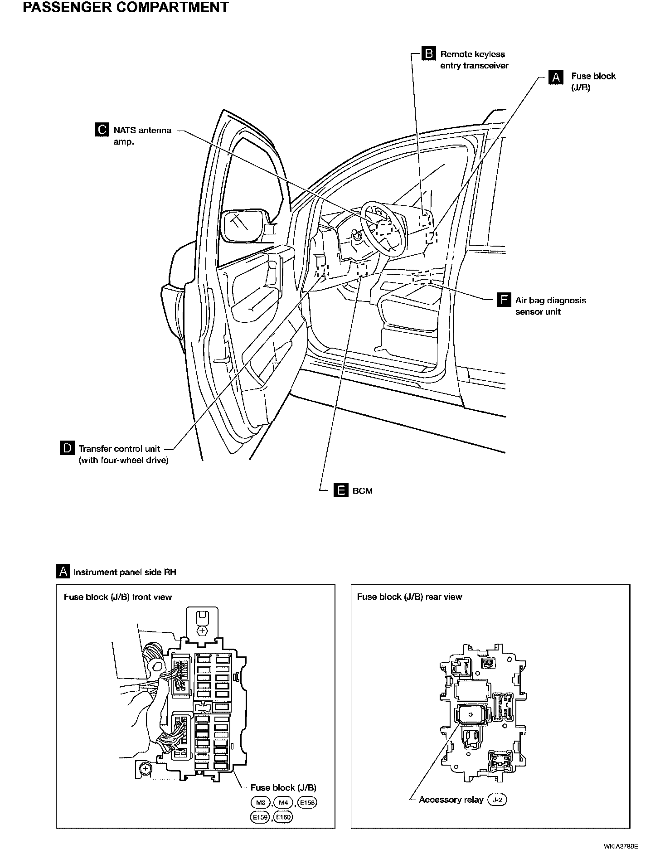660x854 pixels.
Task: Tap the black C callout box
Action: click(102, 130)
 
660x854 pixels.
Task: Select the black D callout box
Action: click(67, 448)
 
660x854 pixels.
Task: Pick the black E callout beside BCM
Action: click(340, 490)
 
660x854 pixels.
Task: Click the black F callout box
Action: click(504, 300)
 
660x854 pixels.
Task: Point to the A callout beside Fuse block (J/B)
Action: click(556, 77)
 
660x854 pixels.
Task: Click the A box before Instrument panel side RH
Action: click(63, 572)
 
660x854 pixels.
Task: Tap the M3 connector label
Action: click(260, 803)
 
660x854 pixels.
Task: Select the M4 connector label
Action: click(283, 803)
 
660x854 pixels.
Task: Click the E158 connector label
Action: click(307, 803)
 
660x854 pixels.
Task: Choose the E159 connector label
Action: click(260, 817)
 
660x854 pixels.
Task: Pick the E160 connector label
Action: click(283, 817)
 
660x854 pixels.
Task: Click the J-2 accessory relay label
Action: click(497, 800)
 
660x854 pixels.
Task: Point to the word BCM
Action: click(362, 491)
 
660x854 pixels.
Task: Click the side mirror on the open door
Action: click(245, 225)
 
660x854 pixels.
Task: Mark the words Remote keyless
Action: click(472, 54)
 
